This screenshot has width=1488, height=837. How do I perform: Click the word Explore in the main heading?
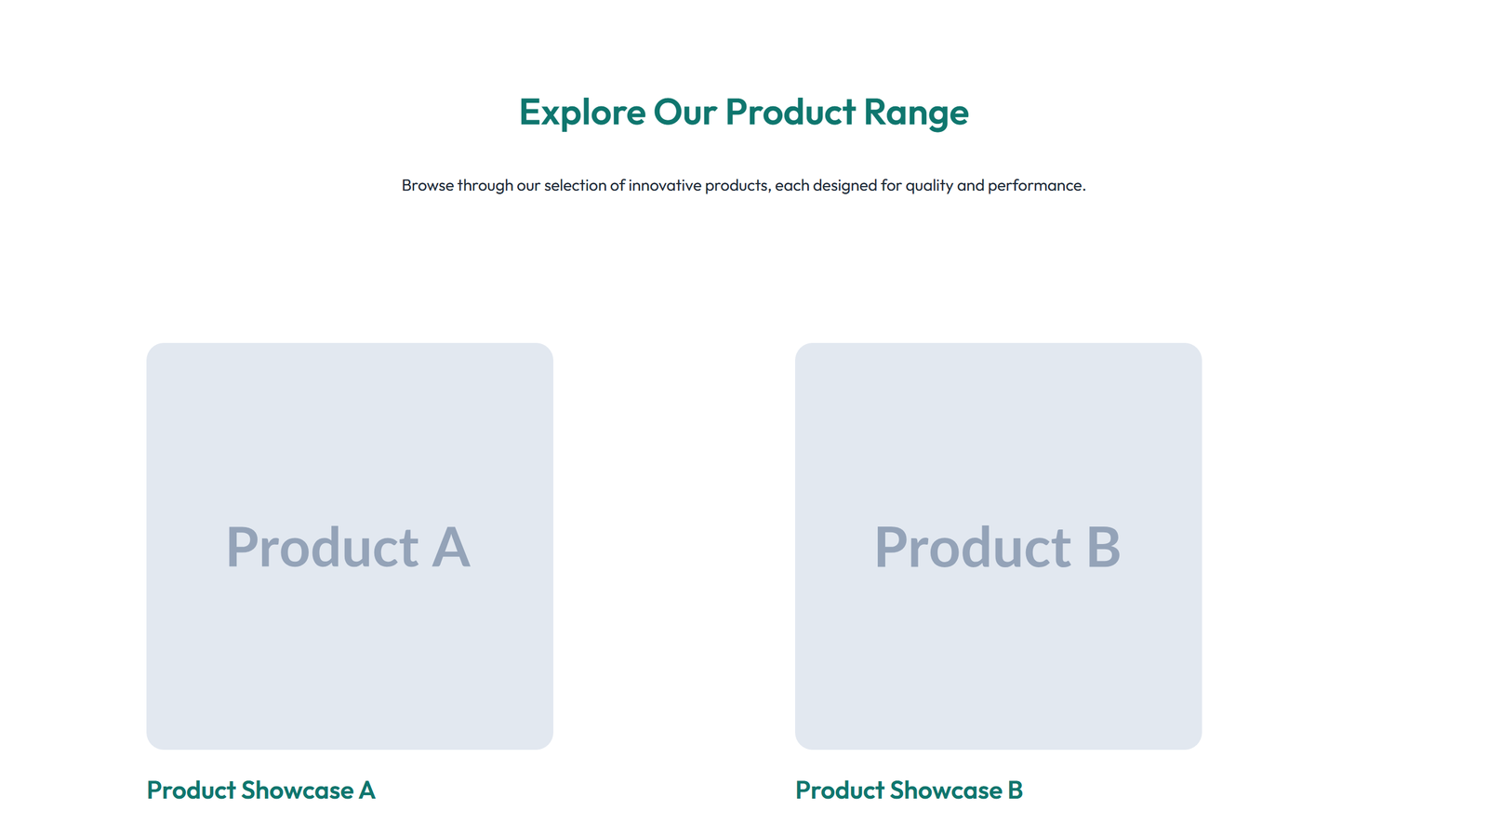pyautogui.click(x=582, y=113)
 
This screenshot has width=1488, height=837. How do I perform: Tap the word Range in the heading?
pyautogui.click(x=916, y=113)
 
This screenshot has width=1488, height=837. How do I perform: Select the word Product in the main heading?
pyautogui.click(x=790, y=113)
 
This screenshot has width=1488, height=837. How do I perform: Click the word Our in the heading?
pyautogui.click(x=685, y=113)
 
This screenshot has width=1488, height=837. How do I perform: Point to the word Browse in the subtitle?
pyautogui.click(x=427, y=185)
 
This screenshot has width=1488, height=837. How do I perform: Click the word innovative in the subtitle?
pyautogui.click(x=665, y=185)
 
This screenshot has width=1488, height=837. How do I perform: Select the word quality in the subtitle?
pyautogui.click(x=929, y=185)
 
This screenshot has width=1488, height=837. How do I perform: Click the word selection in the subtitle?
pyautogui.click(x=575, y=185)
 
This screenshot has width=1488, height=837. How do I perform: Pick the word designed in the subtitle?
pyautogui.click(x=844, y=185)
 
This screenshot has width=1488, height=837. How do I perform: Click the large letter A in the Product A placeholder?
pyautogui.click(x=451, y=547)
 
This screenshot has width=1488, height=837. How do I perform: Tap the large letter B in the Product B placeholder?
pyautogui.click(x=1103, y=547)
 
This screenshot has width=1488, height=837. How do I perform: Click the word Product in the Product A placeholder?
pyautogui.click(x=323, y=547)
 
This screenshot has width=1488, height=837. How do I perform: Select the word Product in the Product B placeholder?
pyautogui.click(x=972, y=547)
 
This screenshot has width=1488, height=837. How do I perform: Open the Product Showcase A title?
pyautogui.click(x=260, y=790)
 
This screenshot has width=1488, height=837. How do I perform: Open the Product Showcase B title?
pyautogui.click(x=909, y=790)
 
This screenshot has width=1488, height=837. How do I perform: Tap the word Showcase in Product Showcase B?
pyautogui.click(x=946, y=790)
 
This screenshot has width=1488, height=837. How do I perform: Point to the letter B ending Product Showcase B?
pyautogui.click(x=1015, y=790)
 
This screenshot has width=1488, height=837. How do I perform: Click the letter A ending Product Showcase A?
pyautogui.click(x=367, y=790)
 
